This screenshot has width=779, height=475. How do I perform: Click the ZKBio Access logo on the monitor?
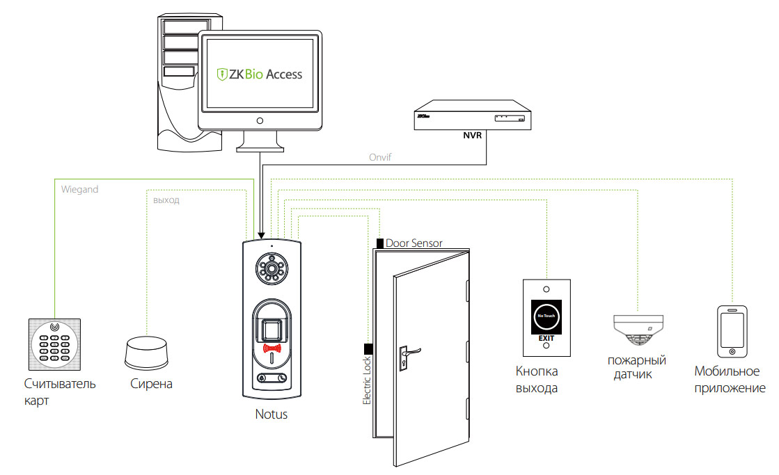[x=260, y=73]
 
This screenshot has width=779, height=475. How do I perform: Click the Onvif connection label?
[x=380, y=157]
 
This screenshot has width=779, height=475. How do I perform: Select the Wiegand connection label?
[x=79, y=188]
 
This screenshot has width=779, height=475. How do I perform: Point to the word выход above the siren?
[x=166, y=200]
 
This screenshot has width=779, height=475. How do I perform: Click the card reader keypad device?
[x=54, y=344]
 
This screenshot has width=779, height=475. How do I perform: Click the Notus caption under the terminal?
[x=271, y=414]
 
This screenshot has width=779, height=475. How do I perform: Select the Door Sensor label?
[x=414, y=243]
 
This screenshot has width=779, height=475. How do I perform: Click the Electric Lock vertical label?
[x=368, y=380]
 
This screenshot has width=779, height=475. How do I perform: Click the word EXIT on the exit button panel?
[x=546, y=339]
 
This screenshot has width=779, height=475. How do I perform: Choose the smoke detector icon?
[x=637, y=329]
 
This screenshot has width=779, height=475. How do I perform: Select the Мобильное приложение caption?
[x=730, y=380]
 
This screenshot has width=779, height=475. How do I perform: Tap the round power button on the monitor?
[x=260, y=120]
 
